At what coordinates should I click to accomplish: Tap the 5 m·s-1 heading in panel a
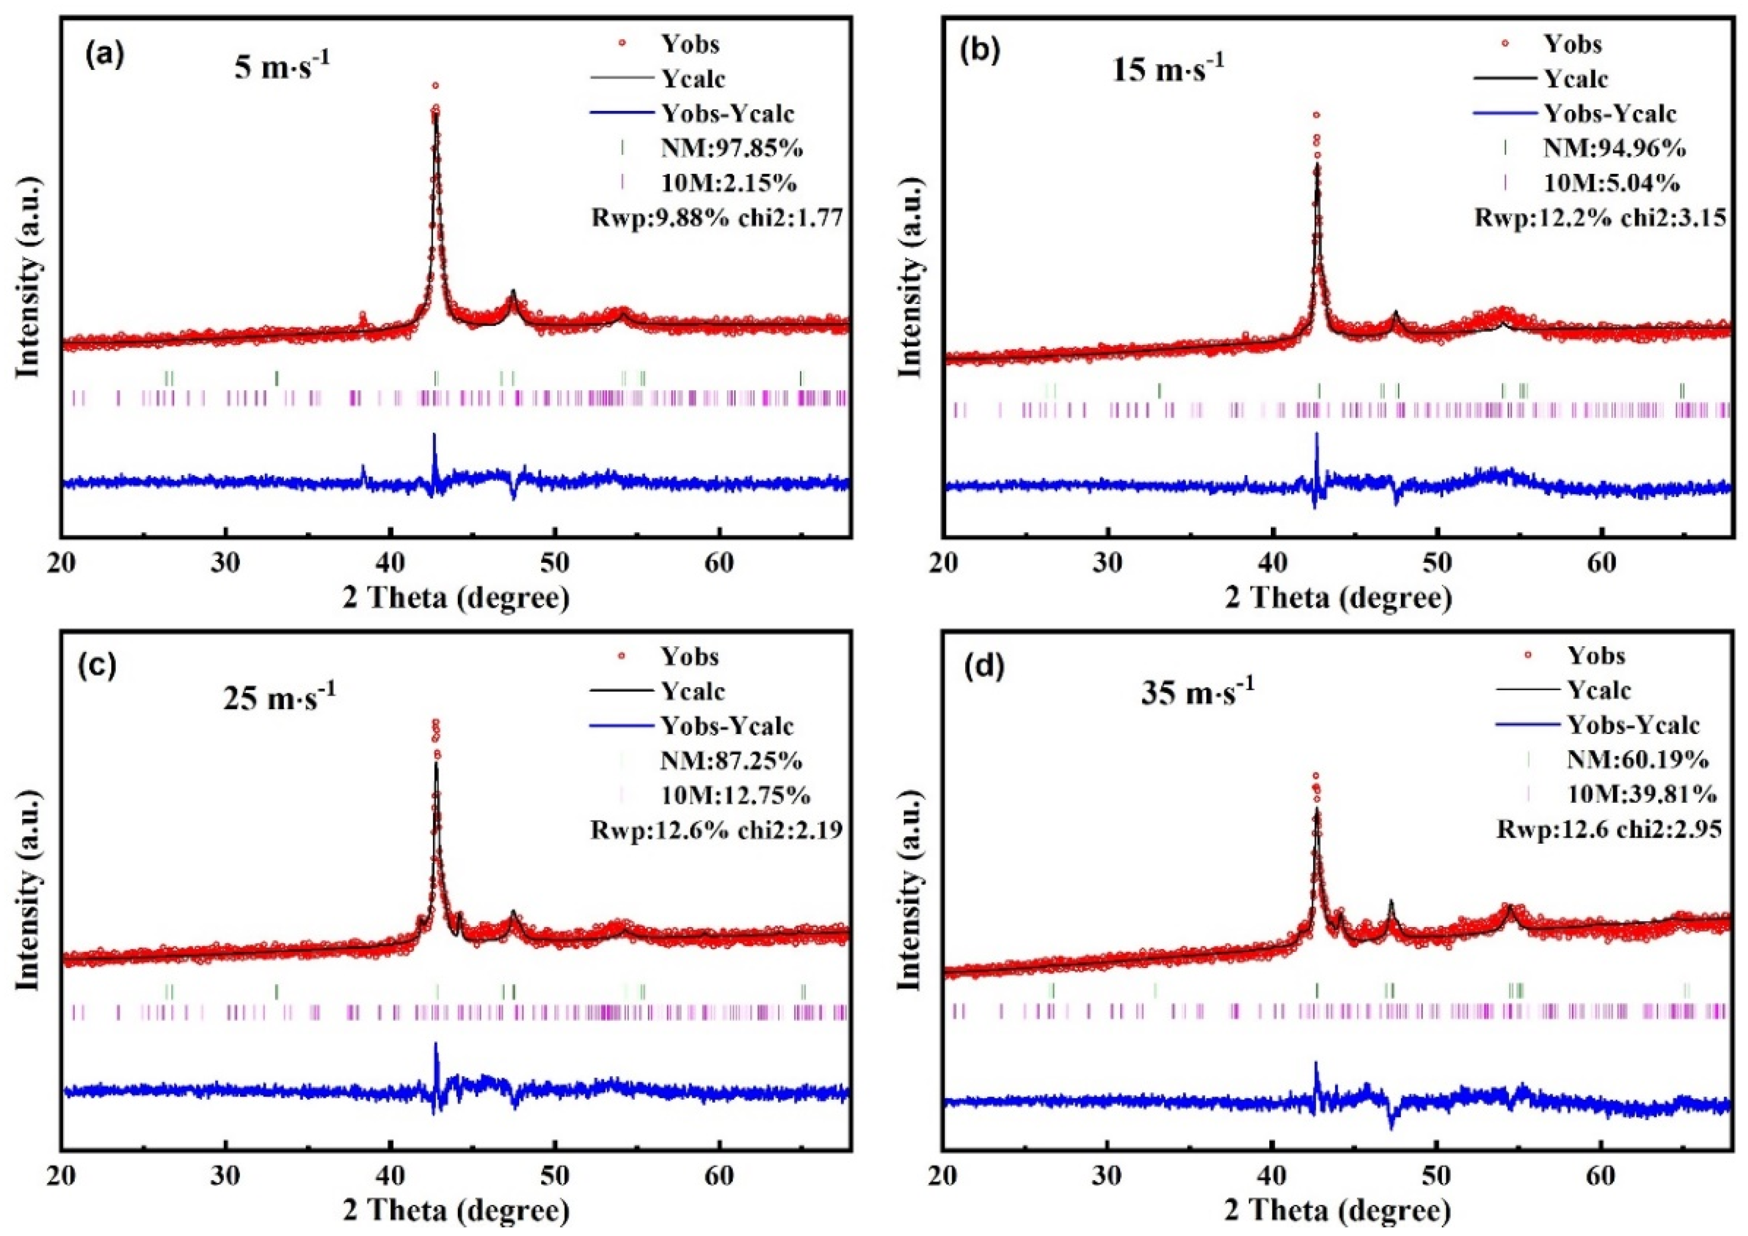pyautogui.click(x=282, y=69)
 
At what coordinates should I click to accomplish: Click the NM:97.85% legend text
pyautogui.click(x=732, y=149)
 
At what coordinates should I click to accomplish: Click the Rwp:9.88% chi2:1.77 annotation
pyautogui.click(x=717, y=218)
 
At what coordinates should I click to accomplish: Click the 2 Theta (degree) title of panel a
pyautogui.click(x=455, y=598)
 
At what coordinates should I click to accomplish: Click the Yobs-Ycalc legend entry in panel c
pyautogui.click(x=727, y=726)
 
